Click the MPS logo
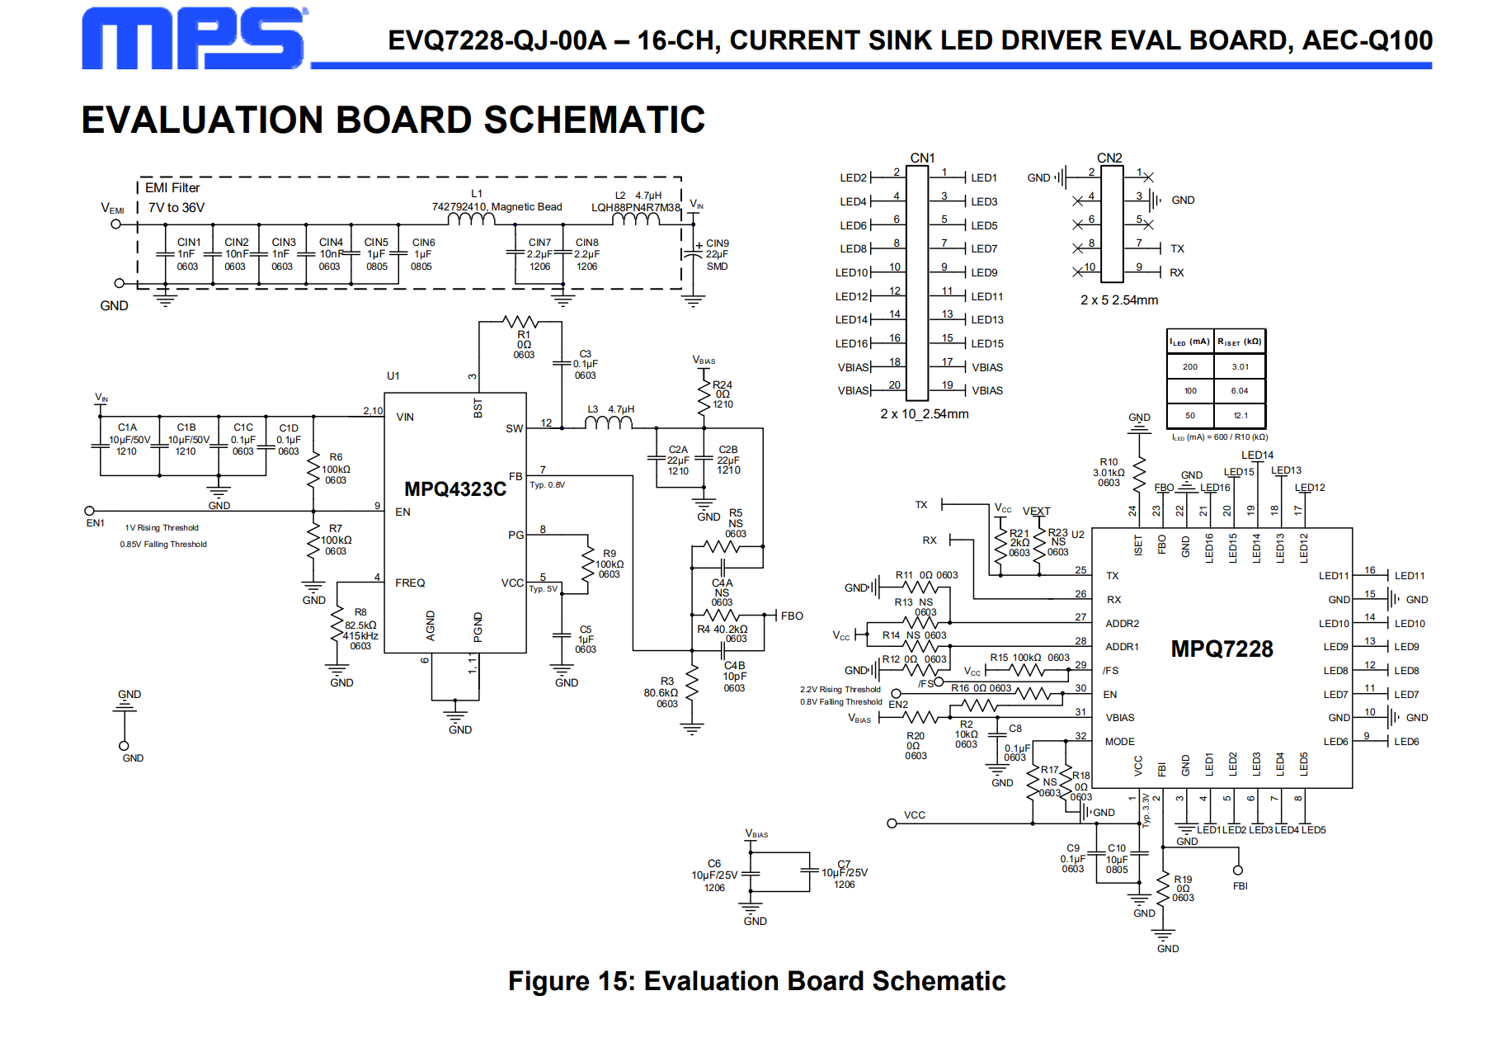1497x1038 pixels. coord(195,38)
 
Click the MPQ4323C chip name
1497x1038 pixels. coord(455,489)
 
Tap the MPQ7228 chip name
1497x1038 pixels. coord(1222,649)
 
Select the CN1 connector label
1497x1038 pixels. coord(922,158)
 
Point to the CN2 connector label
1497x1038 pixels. coord(1109,158)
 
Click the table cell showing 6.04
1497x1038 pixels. coord(1240,391)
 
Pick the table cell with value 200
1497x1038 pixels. coord(1190,366)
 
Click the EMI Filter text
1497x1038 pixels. coord(172,188)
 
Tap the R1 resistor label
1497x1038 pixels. coord(524,335)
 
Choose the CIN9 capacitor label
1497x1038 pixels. coord(718,243)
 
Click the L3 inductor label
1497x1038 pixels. coord(593,409)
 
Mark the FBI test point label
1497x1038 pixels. coord(1240,886)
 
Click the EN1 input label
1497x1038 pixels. coord(96,523)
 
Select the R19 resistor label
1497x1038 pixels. coord(1183,880)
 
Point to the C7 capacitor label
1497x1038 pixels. coord(844,865)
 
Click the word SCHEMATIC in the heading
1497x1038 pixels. coord(594,120)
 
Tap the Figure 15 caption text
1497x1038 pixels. coord(756,980)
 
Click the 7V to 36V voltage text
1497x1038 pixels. coord(177,208)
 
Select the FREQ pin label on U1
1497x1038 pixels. coord(410,583)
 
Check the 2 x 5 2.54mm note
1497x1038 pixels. coord(1119,300)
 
